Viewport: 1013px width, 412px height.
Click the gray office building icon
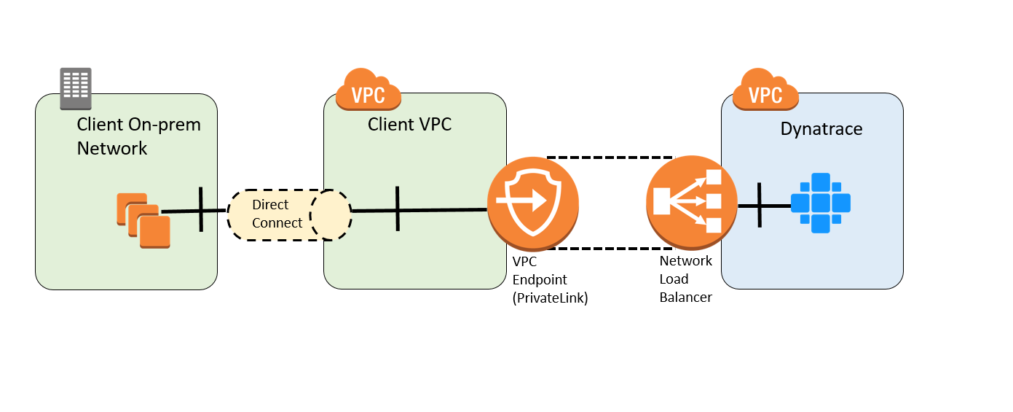pyautogui.click(x=76, y=89)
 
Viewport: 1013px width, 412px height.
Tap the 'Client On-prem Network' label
pyautogui.click(x=139, y=136)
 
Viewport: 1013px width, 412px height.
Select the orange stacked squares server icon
pyautogui.click(x=143, y=220)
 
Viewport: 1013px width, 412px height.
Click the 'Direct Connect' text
pyautogui.click(x=277, y=214)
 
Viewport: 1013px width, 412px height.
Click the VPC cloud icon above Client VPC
pyautogui.click(x=368, y=89)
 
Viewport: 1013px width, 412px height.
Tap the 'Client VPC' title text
pyautogui.click(x=409, y=125)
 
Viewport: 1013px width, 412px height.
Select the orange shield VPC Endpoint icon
pyautogui.click(x=533, y=203)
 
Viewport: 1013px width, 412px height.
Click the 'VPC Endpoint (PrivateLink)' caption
pyautogui.click(x=550, y=280)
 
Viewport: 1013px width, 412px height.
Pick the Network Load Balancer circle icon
pyautogui.click(x=691, y=203)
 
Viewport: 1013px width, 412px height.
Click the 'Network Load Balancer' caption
pyautogui.click(x=685, y=279)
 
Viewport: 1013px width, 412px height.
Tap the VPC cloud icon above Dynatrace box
pyautogui.click(x=765, y=89)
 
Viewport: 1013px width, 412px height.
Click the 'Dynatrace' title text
pyautogui.click(x=821, y=129)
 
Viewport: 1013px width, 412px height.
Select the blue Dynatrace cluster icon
pyautogui.click(x=820, y=203)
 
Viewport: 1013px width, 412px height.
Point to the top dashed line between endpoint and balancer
pyautogui.click(x=610, y=158)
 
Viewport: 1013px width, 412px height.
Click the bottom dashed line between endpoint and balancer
pyautogui.click(x=610, y=249)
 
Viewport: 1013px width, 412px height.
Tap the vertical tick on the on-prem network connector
pyautogui.click(x=201, y=209)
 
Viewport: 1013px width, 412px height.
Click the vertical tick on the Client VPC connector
pyautogui.click(x=398, y=209)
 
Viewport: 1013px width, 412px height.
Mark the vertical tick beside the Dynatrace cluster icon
pyautogui.click(x=760, y=205)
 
